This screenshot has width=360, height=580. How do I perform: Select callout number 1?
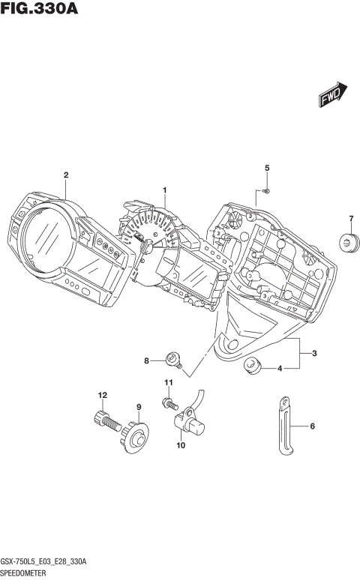[165, 191]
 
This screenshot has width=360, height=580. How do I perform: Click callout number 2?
[66, 175]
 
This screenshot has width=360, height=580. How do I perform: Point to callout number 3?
[314, 353]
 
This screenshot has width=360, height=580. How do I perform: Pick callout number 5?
[266, 168]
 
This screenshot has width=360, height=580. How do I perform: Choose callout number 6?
[314, 428]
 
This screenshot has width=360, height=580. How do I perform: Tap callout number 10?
[180, 446]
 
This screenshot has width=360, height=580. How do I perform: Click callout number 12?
[102, 394]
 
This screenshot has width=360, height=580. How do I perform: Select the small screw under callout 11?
[169, 403]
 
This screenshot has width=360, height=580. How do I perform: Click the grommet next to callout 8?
[175, 361]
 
